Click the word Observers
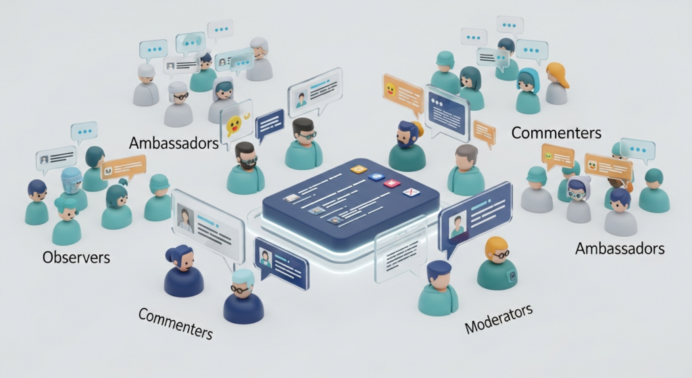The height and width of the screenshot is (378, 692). pyautogui.click(x=76, y=258)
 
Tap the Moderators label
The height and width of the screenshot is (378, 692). pyautogui.click(x=499, y=318)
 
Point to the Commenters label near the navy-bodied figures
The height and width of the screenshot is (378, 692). pyautogui.click(x=176, y=323)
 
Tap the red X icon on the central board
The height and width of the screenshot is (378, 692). pyautogui.click(x=411, y=193)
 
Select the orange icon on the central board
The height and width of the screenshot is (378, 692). pyautogui.click(x=359, y=169)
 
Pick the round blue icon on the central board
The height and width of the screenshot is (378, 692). pyautogui.click(x=376, y=176)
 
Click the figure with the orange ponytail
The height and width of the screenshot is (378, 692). pyautogui.click(x=556, y=83)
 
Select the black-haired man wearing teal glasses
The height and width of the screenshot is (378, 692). pyautogui.click(x=303, y=142)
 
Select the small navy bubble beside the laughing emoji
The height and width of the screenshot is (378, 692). pyautogui.click(x=270, y=124)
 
